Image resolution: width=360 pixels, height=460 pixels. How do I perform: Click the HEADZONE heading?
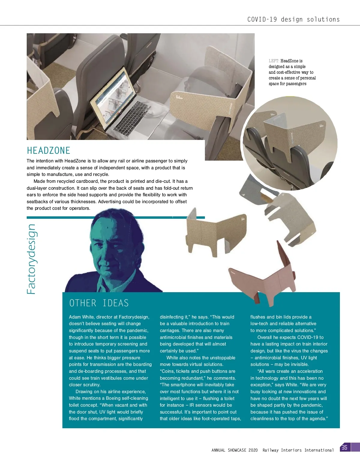[x=49, y=150]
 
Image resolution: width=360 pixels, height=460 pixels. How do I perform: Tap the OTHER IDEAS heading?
[x=99, y=303]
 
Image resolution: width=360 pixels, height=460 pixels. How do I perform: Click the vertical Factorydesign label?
[x=31, y=259]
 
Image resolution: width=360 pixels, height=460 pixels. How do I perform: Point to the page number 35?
[x=344, y=448]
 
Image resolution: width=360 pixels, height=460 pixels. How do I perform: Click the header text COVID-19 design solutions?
[x=293, y=19]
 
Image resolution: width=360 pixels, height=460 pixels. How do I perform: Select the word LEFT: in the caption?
[x=274, y=61]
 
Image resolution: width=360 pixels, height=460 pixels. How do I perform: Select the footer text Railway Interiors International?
[x=298, y=450]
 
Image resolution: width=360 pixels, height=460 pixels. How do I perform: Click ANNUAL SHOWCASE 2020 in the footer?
[x=235, y=450]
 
